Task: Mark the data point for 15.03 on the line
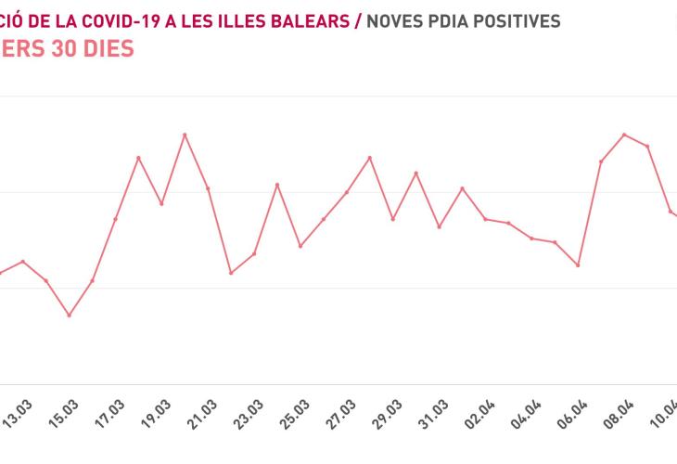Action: coord(69,316)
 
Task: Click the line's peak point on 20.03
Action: coord(185,135)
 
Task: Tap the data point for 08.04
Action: coord(624,135)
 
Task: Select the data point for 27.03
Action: coord(347,192)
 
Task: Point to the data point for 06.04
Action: coord(578,265)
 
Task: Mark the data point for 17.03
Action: coord(115,219)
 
